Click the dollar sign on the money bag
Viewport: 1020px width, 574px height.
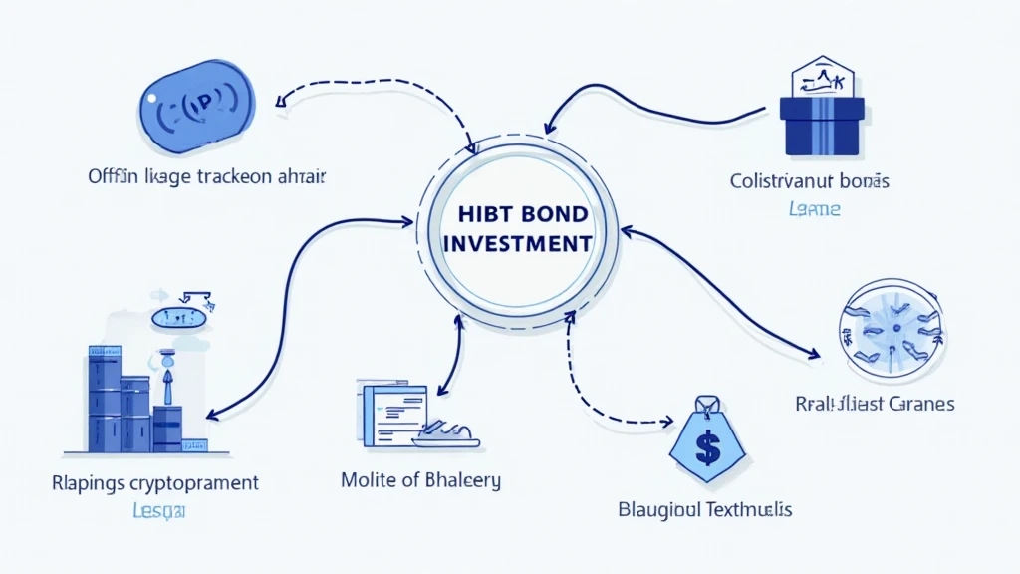pos(707,449)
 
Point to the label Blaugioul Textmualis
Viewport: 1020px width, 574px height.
pos(705,510)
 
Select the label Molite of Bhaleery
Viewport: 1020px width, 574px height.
pos(420,479)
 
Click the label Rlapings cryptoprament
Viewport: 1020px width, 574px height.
pos(154,483)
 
